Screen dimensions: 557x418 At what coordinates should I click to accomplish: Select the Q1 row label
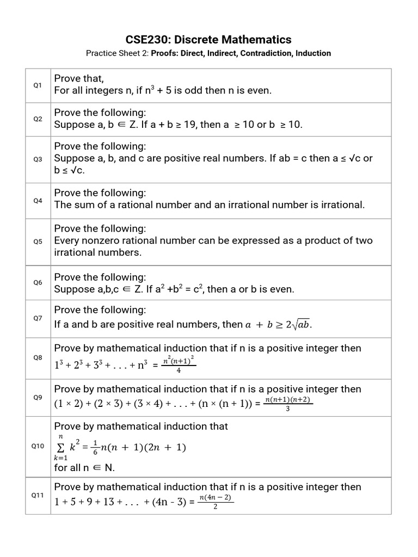(38, 85)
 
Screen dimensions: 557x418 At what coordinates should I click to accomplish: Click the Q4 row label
(38, 201)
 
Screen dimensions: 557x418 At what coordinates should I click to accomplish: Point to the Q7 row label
(38, 318)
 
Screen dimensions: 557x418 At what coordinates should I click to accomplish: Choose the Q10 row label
(38, 446)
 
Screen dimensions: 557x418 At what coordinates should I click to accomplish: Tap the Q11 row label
(38, 495)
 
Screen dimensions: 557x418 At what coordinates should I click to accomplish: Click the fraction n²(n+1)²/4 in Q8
(179, 365)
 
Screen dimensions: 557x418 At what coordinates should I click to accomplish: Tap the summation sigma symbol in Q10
(61, 447)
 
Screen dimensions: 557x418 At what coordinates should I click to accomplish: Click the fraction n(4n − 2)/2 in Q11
(216, 502)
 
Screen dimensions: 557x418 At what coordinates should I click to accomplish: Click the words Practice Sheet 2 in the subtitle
(116, 53)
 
